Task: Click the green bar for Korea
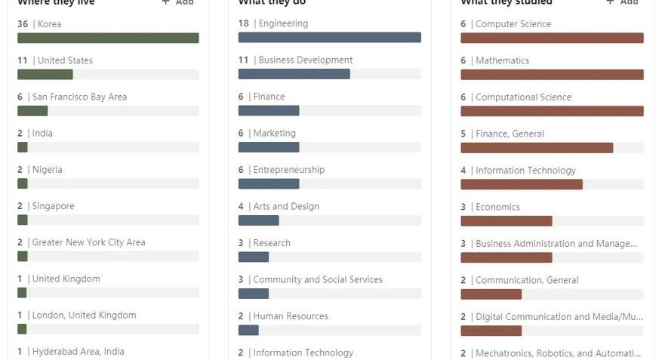coord(108,38)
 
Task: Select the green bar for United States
coord(45,74)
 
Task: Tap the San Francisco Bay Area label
coord(79,97)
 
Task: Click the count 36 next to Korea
coord(23,24)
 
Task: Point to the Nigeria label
coord(47,170)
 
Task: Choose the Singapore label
coord(53,206)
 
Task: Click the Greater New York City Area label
coord(88,242)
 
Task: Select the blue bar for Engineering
coord(329,38)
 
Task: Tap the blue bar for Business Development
coord(294,74)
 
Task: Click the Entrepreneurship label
coord(288,170)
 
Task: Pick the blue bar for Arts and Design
coord(258,220)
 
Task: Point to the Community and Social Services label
coord(318,279)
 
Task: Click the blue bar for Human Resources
coord(248,330)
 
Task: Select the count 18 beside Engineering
coord(244,23)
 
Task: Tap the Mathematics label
coord(502,60)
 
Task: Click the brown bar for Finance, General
coord(537,148)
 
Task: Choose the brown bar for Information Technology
coord(522,184)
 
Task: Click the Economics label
coord(497,207)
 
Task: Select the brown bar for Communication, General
coord(491,294)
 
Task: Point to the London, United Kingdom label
coord(84,315)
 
